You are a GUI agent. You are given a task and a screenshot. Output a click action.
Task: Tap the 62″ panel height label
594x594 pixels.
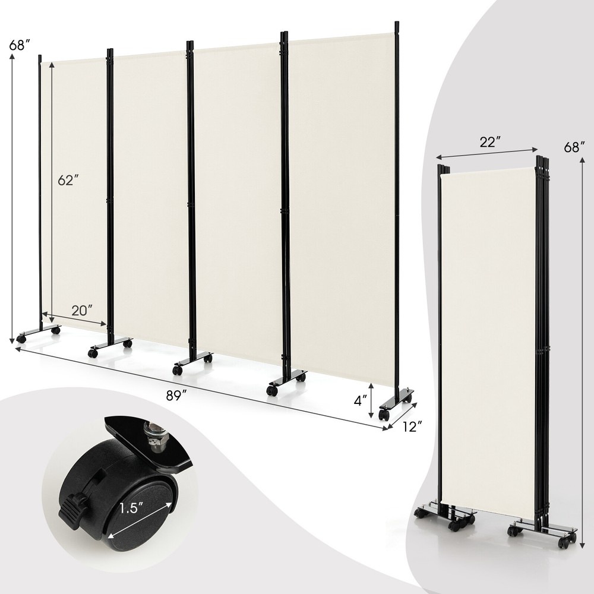coord(69,180)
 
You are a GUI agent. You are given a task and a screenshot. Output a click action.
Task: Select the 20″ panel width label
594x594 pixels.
coord(81,309)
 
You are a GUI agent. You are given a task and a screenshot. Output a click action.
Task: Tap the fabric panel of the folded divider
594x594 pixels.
coord(487,333)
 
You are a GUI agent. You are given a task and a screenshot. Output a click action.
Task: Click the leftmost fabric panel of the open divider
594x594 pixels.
coord(74,178)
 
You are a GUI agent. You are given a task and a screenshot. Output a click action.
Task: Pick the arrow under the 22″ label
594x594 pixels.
coord(487,151)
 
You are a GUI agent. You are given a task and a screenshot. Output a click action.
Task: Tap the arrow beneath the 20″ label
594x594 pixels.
coord(76,320)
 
